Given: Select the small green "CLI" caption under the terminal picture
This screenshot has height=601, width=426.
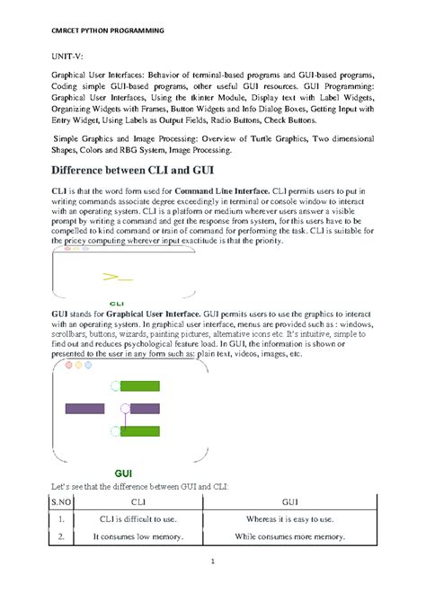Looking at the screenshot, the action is tap(117, 304).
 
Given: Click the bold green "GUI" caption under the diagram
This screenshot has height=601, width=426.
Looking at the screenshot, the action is tap(124, 473).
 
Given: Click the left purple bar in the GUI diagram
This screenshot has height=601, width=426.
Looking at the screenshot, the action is tap(85, 408).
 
